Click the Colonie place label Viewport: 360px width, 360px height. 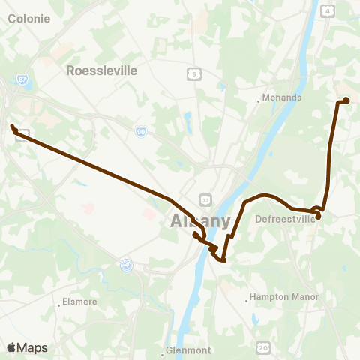29,19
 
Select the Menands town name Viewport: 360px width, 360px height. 283,97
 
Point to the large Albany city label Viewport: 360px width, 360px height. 200,221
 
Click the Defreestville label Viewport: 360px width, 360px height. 285,220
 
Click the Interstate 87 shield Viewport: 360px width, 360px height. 22,77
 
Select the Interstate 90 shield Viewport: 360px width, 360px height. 141,131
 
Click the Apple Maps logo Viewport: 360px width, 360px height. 27,347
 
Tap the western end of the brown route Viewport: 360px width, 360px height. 13,127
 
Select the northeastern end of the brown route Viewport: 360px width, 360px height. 346,100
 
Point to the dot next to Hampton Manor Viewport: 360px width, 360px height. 247,301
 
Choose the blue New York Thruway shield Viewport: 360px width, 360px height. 126,264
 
